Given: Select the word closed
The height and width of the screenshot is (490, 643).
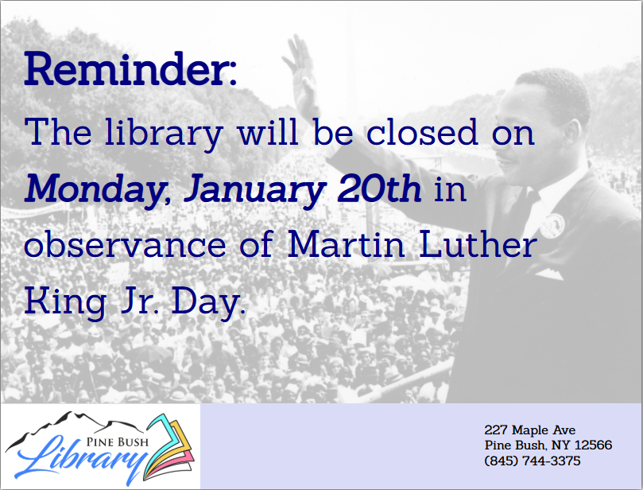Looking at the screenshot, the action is point(422,132).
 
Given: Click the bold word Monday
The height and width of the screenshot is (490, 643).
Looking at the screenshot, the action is point(94,189).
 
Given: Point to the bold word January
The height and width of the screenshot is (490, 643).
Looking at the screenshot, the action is point(254,189).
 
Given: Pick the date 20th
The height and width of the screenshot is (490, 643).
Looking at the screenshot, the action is point(379,189).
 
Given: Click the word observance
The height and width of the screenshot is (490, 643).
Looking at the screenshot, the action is point(125,244).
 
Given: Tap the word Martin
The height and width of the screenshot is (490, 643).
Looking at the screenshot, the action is point(346,244).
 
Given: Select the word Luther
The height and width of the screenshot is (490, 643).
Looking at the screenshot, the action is point(478,244).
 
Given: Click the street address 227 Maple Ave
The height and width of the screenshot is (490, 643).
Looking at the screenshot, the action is point(530,430).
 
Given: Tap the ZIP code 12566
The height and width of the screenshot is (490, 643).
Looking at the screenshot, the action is point(594,445).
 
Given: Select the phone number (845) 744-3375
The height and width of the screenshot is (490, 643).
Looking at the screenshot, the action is point(533,461).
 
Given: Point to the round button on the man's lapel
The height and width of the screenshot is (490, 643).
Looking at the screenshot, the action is point(552,225).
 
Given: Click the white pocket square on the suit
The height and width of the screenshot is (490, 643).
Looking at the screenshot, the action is point(548,274).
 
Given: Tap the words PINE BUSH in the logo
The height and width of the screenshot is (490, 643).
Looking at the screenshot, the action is point(118,442).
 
